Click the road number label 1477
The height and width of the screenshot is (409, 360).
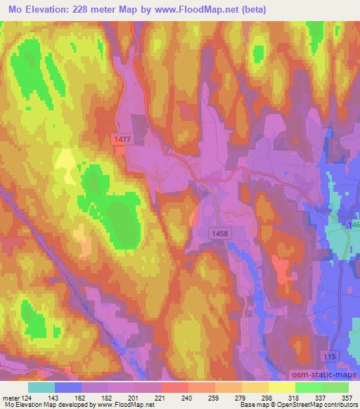pyautogui.click(x=122, y=140)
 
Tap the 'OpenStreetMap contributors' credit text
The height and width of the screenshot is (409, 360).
pyautogui.click(x=309, y=405)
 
